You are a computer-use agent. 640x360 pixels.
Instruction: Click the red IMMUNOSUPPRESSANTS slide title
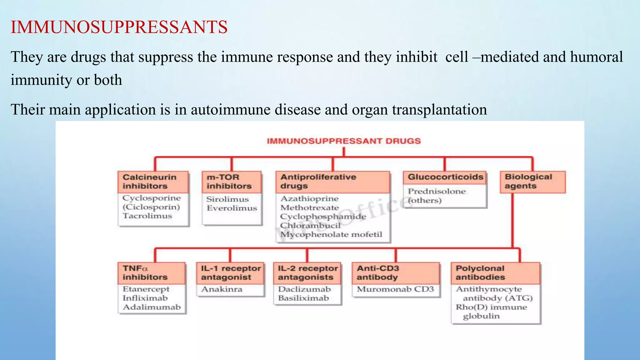pos(119,27)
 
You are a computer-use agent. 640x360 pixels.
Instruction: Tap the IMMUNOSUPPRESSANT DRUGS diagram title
pos(344,141)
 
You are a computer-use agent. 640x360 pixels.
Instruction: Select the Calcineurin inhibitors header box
pos(153,182)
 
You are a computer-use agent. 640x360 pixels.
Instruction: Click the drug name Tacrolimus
pos(147,216)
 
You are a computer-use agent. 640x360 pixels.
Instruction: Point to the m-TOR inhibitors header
pos(231,182)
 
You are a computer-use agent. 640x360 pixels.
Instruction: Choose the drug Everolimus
pos(232,208)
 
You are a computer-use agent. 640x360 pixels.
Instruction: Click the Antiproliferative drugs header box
pos(332,182)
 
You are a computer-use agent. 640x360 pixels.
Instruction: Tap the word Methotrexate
pos(309,207)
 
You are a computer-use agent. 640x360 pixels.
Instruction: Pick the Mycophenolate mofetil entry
pos(331,234)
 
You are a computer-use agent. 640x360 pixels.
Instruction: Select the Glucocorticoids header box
pos(445,177)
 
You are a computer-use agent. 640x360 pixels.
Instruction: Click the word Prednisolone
pos(437,191)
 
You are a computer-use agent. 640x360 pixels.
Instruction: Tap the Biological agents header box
pos(532,182)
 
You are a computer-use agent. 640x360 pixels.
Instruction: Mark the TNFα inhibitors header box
pos(151,273)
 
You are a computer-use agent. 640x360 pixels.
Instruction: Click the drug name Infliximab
pos(145,298)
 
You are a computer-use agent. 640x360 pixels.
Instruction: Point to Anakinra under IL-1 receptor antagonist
pos(222,289)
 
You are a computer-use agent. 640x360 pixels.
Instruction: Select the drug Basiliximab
pos(303,298)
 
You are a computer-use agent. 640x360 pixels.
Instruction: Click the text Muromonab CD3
pos(395,289)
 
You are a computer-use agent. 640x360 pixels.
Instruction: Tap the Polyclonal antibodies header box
pos(495,273)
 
